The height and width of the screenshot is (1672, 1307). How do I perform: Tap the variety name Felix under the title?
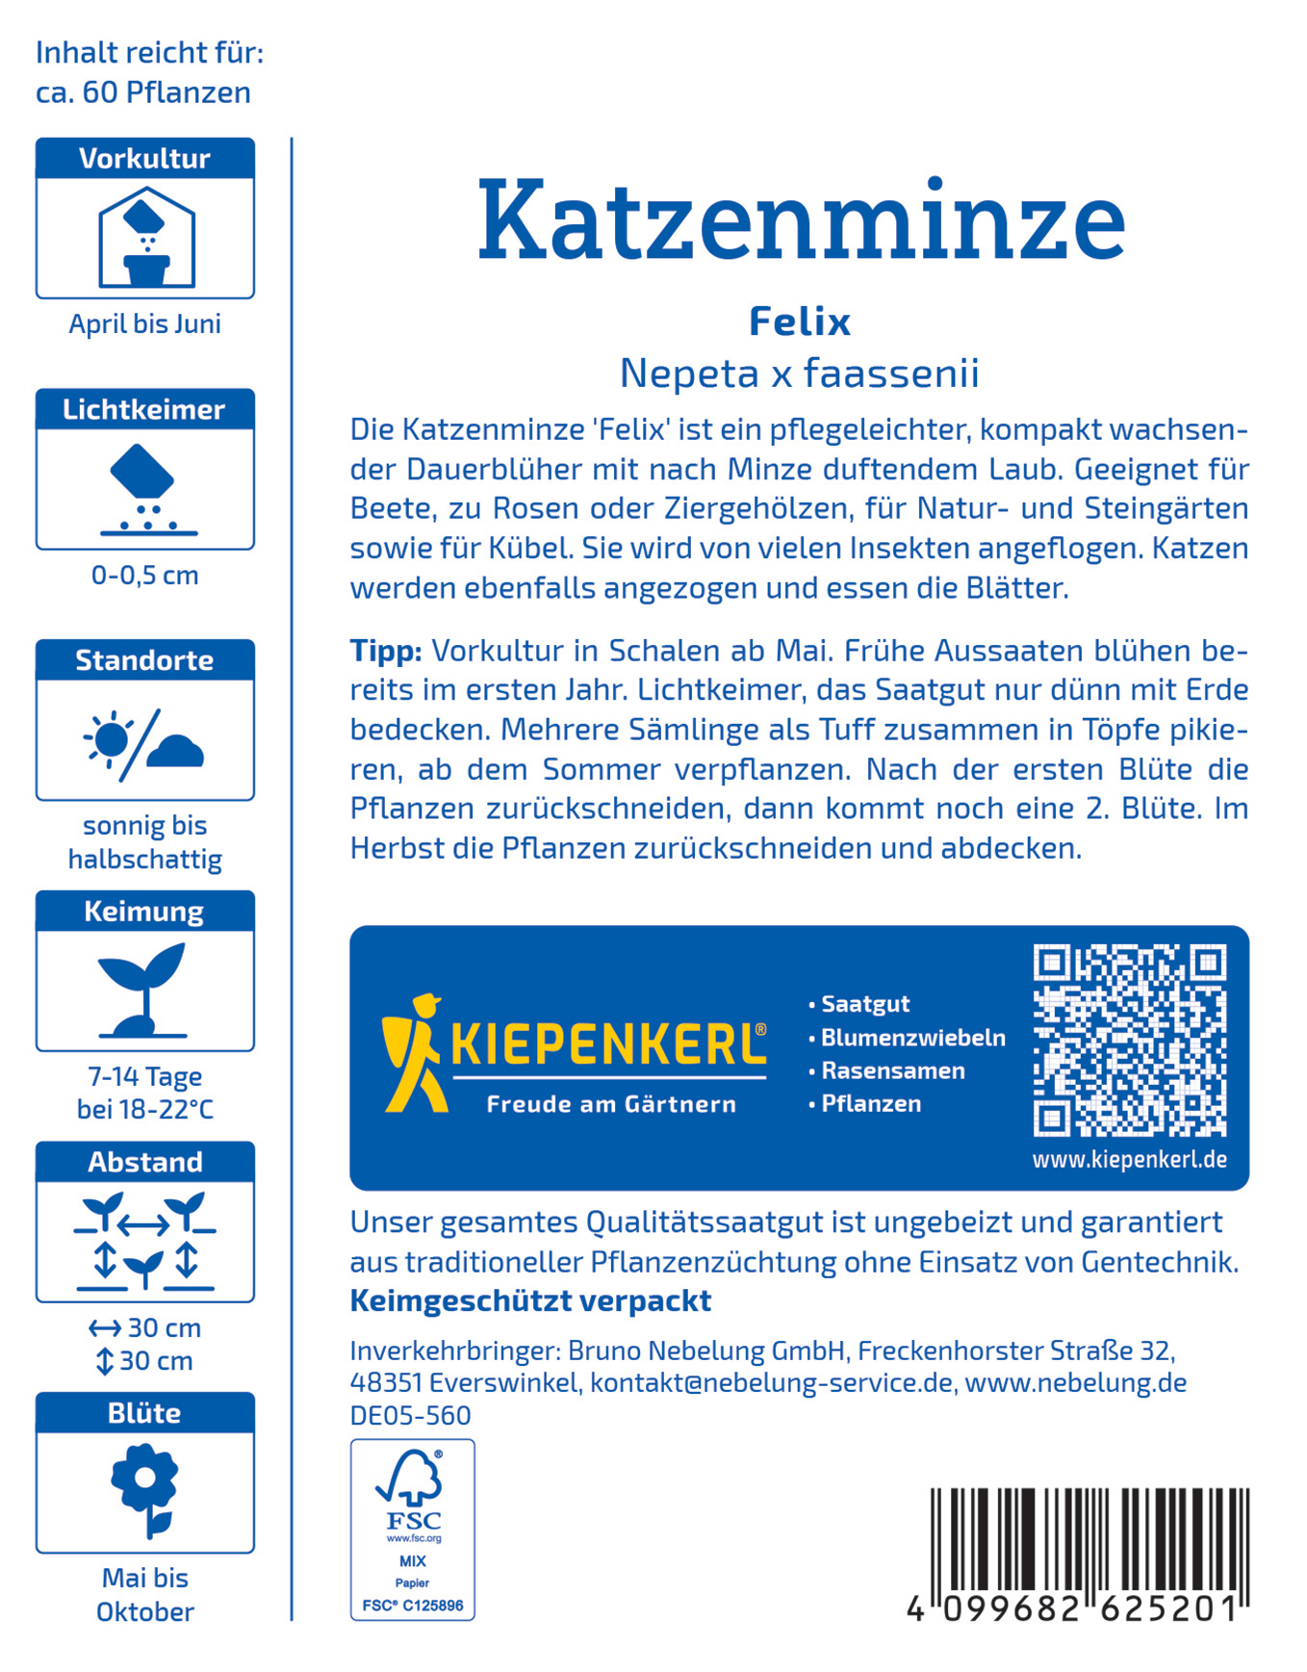(800, 322)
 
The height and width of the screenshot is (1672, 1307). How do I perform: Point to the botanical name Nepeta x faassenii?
(799, 373)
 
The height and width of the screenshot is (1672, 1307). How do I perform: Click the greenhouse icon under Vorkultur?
(146, 238)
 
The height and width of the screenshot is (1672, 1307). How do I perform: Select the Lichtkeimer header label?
(144, 409)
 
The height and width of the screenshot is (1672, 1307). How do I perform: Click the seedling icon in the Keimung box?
(143, 990)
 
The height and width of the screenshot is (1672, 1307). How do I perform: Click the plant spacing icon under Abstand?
(144, 1241)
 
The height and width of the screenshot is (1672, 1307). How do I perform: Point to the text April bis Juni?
(144, 323)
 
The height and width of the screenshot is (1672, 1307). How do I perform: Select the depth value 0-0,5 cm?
(144, 575)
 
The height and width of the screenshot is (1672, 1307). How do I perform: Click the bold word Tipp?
(386, 651)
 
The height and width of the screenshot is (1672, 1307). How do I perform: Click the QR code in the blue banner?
(1129, 1040)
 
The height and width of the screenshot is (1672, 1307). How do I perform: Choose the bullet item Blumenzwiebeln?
(912, 1038)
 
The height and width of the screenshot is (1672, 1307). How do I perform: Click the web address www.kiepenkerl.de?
(1129, 1160)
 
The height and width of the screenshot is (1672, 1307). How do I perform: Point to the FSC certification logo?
(412, 1529)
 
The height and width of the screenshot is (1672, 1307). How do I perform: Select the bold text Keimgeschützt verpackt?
(530, 1300)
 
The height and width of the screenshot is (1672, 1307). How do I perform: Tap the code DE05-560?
(410, 1415)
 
